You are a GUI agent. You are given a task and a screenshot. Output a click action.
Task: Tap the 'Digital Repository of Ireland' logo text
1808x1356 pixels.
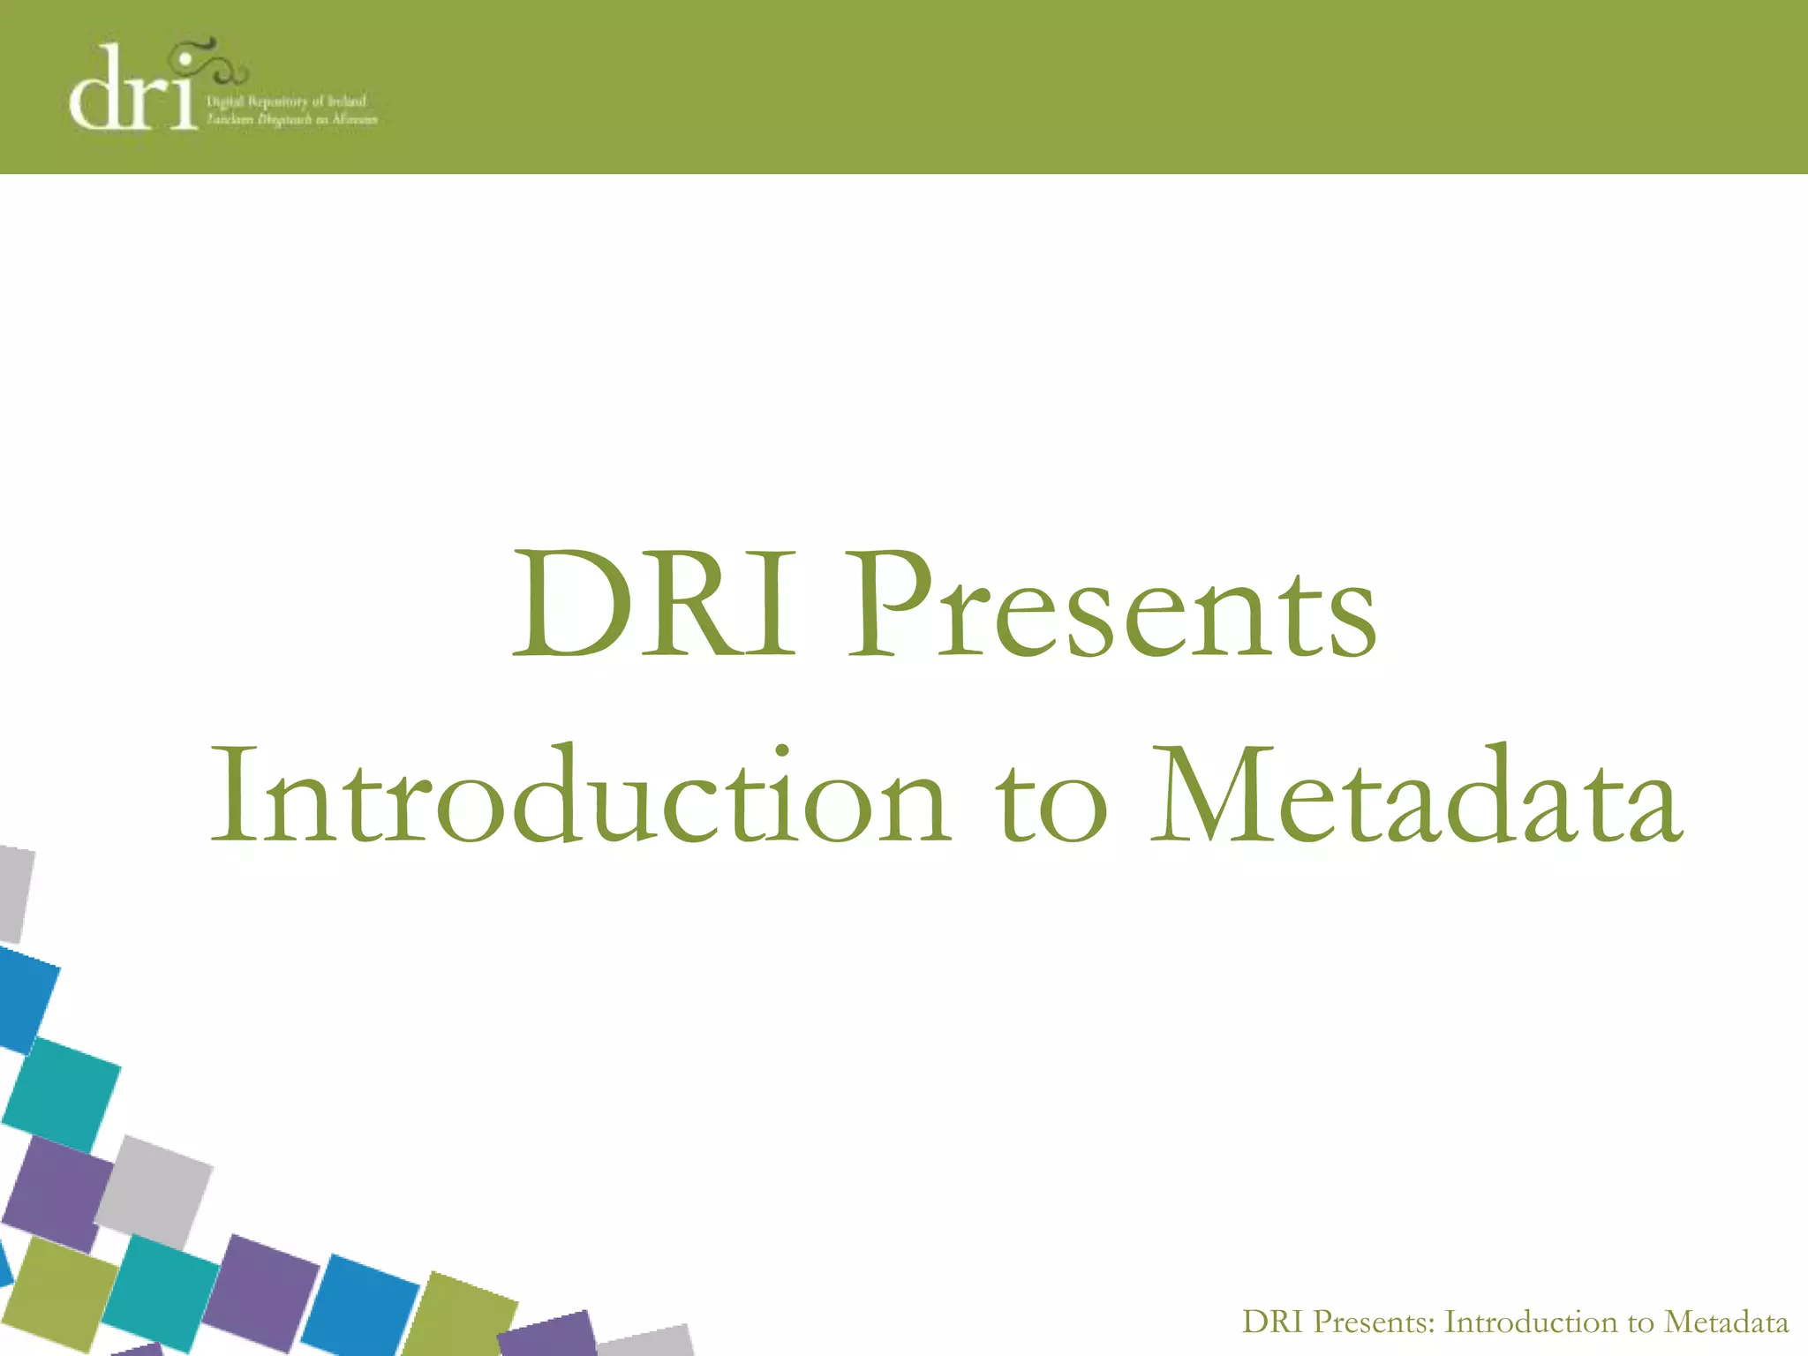tap(285, 102)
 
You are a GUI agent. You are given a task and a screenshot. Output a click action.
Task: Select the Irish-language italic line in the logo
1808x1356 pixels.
tap(291, 120)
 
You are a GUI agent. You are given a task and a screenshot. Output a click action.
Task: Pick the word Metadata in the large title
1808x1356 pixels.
tap(1417, 795)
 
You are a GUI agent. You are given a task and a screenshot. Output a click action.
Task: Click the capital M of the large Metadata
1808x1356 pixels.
tap(1209, 795)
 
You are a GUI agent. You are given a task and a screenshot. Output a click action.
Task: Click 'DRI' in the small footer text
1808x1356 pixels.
tap(1272, 1322)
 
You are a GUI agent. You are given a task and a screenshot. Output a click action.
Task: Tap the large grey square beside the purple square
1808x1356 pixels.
tap(154, 1192)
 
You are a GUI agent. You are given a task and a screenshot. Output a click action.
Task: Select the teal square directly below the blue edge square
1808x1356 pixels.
tap(62, 1095)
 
